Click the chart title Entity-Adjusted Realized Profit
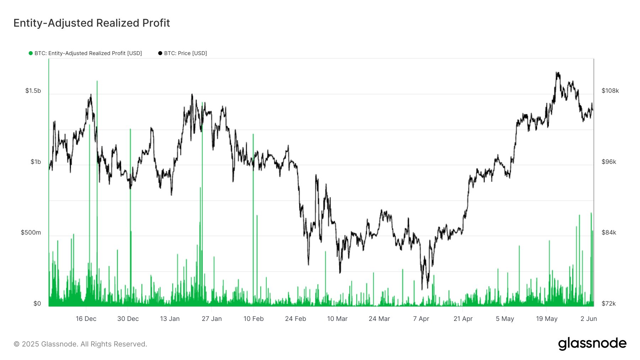(92, 23)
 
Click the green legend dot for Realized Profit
(31, 53)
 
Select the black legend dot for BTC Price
(160, 53)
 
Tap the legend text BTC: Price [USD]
(185, 53)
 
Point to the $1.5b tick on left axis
(33, 91)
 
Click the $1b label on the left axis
(36, 162)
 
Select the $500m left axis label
(31, 232)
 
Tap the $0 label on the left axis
(37, 303)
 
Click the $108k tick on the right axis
(610, 91)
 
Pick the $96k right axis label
(609, 162)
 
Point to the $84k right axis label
(609, 232)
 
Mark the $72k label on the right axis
(609, 303)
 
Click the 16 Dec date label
(86, 319)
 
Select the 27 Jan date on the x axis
(212, 319)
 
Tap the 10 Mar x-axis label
(337, 319)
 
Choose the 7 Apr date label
(421, 319)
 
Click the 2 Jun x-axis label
(588, 319)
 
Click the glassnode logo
(592, 344)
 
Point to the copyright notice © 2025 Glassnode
(80, 344)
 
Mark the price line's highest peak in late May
(557, 73)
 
